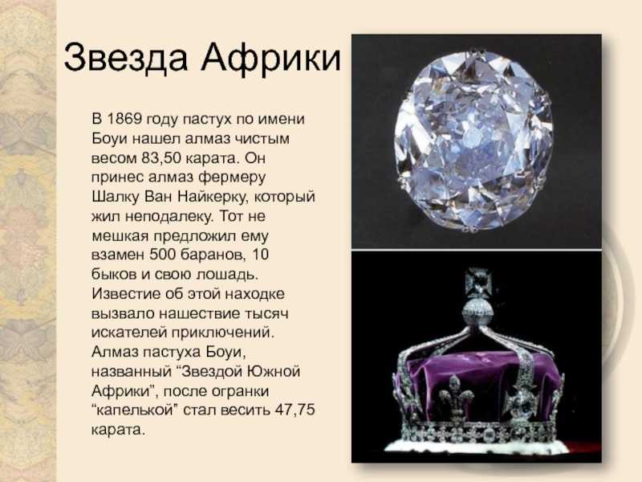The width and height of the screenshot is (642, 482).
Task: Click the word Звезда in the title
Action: [x=126, y=56]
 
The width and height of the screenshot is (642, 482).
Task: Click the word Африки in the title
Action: [x=270, y=57]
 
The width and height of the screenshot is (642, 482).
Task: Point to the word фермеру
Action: [x=232, y=178]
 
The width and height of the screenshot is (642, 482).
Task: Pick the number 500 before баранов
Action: [x=162, y=254]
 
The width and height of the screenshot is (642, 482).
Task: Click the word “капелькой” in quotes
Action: [x=135, y=411]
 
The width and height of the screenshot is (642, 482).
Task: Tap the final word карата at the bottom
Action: [x=118, y=430]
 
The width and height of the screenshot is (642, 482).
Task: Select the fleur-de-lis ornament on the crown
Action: [x=456, y=397]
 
